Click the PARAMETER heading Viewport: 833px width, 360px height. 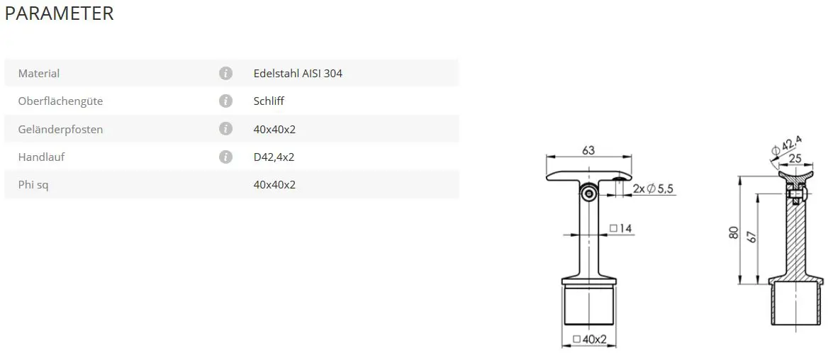coord(59,13)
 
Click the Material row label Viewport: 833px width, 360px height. coord(39,73)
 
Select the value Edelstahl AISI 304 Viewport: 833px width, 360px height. coord(298,73)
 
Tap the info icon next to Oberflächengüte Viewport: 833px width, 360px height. coord(225,101)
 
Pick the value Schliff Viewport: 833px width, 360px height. coord(269,101)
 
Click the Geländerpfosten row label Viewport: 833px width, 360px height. coord(60,129)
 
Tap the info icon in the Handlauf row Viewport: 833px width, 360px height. coord(225,157)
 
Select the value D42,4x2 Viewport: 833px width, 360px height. coord(274,157)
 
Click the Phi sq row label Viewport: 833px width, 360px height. coord(33,185)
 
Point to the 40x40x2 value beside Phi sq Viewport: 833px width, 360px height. coord(274,185)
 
